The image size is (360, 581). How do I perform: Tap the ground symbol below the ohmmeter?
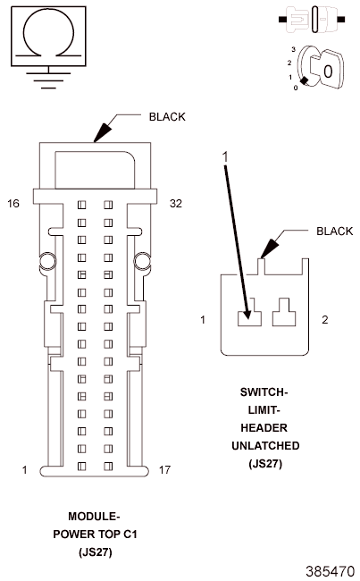pyautogui.click(x=48, y=80)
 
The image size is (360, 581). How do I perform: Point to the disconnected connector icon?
pyautogui.click(x=312, y=20)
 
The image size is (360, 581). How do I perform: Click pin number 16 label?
pyautogui.click(x=13, y=204)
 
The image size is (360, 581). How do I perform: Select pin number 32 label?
pyautogui.click(x=176, y=204)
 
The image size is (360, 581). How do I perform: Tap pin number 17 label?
pyautogui.click(x=165, y=470)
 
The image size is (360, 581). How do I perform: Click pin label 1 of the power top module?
pyautogui.click(x=24, y=470)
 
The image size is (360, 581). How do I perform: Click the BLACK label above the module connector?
pyautogui.click(x=167, y=117)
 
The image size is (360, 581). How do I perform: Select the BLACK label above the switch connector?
pyautogui.click(x=334, y=232)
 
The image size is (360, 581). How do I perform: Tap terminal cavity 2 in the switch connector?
pyautogui.click(x=284, y=312)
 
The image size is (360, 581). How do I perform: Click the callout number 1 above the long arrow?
pyautogui.click(x=225, y=157)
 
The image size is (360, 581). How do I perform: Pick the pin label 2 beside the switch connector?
pyautogui.click(x=325, y=319)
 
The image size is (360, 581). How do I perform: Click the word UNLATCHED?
pyautogui.click(x=265, y=445)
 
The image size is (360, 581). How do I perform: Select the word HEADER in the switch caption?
pyautogui.click(x=264, y=427)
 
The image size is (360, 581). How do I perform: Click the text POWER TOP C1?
pyautogui.click(x=96, y=534)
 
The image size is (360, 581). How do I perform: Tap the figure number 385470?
pyautogui.click(x=331, y=571)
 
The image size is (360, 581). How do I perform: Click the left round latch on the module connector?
pyautogui.click(x=47, y=261)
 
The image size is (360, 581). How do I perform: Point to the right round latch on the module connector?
pyautogui.click(x=142, y=261)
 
